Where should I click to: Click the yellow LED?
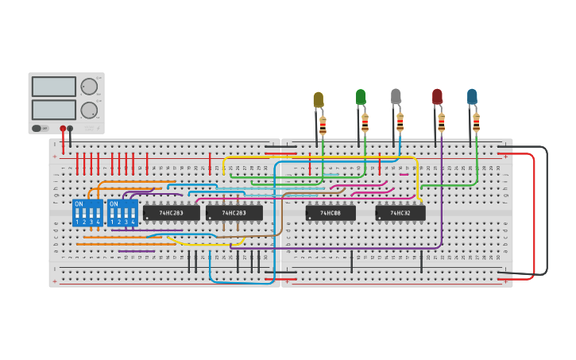pyautogui.click(x=319, y=99)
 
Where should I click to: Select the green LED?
pyautogui.click(x=361, y=97)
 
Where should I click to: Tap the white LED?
pyautogui.click(x=396, y=96)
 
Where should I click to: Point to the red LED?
pyautogui.click(x=437, y=96)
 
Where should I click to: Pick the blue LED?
pyautogui.click(x=472, y=96)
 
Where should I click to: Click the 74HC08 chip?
pyautogui.click(x=331, y=213)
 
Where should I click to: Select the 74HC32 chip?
pyautogui.click(x=400, y=213)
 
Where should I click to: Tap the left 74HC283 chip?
pyautogui.click(x=171, y=213)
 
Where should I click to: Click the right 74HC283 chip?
pyautogui.click(x=234, y=213)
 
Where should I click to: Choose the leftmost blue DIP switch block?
pyautogui.click(x=87, y=213)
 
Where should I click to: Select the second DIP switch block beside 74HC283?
pyautogui.click(x=122, y=213)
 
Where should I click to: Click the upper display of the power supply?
pyautogui.click(x=54, y=87)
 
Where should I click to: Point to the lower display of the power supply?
pyautogui.click(x=54, y=110)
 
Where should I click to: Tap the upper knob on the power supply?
pyautogui.click(x=89, y=87)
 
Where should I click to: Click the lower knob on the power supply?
pyautogui.click(x=89, y=110)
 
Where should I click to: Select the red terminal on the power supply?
pyautogui.click(x=63, y=128)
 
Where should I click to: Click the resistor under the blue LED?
pyautogui.click(x=476, y=122)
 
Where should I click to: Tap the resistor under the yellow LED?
pyautogui.click(x=323, y=126)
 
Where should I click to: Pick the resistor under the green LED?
pyautogui.click(x=365, y=122)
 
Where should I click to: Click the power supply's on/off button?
pyautogui.click(x=37, y=128)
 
